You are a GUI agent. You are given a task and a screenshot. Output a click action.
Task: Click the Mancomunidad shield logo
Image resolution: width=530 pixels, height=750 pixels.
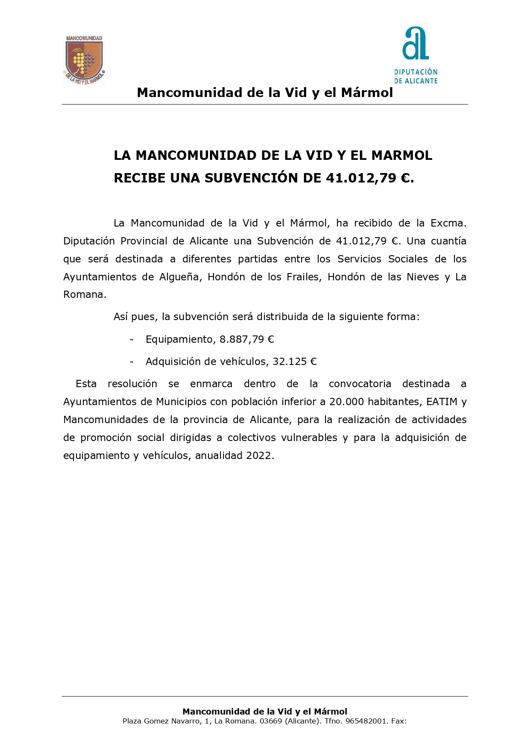click(x=84, y=60)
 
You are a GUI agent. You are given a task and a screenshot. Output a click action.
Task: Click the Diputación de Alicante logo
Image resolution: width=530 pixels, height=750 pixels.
click(x=416, y=56)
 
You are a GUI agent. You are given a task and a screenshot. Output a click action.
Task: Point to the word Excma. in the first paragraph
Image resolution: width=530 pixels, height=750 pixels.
click(x=448, y=223)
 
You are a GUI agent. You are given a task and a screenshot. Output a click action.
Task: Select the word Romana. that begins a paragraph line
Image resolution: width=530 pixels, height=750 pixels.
click(x=85, y=294)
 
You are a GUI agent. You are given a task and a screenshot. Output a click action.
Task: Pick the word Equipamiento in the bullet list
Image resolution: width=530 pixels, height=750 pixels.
click(x=179, y=339)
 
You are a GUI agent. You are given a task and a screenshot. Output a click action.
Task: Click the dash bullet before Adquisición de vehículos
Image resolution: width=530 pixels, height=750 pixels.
click(x=132, y=362)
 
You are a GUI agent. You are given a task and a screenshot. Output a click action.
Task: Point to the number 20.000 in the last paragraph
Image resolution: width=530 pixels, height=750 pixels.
click(x=346, y=402)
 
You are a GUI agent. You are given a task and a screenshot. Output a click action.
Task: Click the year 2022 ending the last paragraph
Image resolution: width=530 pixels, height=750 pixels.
click(x=259, y=456)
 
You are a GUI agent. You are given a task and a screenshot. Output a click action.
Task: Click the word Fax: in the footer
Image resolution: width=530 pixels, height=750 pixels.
click(x=399, y=721)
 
